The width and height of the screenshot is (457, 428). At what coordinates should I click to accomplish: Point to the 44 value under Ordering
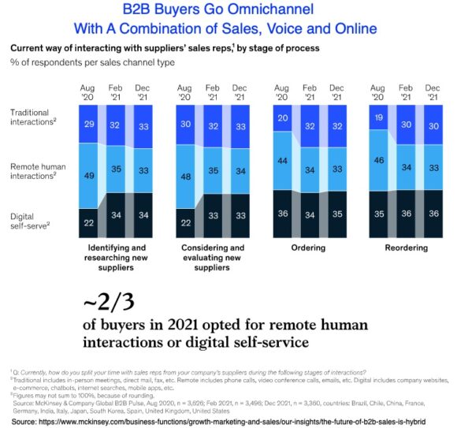coord(281,161)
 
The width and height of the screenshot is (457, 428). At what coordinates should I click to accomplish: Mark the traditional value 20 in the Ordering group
coord(281,118)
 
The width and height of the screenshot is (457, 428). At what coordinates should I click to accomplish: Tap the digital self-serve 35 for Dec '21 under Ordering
coord(337,213)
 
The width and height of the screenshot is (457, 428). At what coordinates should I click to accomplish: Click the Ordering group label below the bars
coord(308,247)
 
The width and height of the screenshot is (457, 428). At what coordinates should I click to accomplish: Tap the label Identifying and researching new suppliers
coord(114,258)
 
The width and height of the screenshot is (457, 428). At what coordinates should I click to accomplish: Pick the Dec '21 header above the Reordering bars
coord(434,92)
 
